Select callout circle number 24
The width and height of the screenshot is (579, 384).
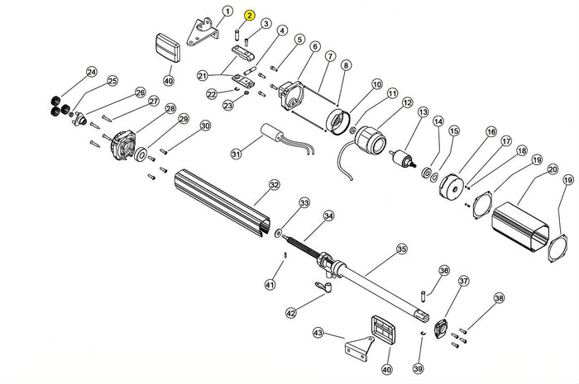(91, 73)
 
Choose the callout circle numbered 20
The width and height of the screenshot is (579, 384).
(552, 170)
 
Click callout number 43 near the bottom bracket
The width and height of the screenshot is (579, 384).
(318, 333)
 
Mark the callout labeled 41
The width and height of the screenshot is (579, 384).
(269, 285)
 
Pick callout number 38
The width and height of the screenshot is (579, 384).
(498, 298)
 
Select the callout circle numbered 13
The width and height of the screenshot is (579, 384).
(423, 112)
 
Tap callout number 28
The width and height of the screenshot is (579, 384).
(170, 109)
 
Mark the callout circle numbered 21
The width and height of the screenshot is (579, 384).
(202, 76)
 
